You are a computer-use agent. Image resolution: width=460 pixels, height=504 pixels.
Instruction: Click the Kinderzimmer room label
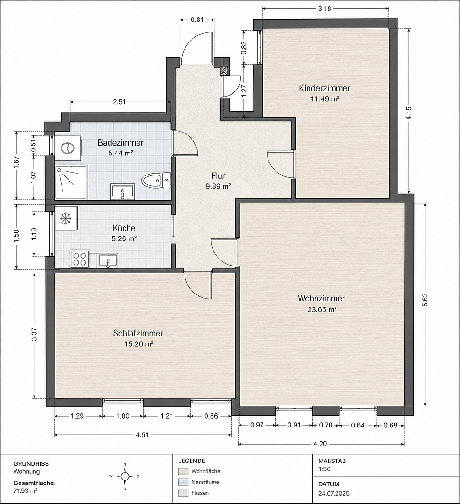(324, 88)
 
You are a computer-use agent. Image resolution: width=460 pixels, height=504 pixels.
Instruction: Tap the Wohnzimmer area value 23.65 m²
(322, 309)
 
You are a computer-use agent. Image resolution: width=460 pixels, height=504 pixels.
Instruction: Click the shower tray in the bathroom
(71, 182)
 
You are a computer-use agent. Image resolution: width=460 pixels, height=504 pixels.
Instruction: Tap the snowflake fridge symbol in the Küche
(66, 218)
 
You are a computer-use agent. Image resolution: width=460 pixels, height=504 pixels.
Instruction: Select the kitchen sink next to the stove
(109, 260)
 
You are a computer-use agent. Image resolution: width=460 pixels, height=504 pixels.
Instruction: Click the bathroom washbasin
(122, 192)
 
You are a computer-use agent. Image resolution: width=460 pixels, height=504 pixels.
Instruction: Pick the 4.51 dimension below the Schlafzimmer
(143, 435)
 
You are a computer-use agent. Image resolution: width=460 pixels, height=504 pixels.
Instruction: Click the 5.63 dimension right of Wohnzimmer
(426, 301)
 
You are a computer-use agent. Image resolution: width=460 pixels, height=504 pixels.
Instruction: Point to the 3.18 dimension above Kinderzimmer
(325, 9)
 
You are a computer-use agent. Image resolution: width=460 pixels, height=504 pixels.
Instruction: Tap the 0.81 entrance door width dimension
(197, 20)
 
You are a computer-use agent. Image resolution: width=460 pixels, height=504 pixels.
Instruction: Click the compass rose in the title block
(125, 476)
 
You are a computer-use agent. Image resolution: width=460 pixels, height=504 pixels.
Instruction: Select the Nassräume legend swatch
(183, 482)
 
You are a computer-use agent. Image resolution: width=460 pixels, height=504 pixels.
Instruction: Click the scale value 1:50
(324, 469)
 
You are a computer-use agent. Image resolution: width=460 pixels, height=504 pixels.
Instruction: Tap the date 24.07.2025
(334, 493)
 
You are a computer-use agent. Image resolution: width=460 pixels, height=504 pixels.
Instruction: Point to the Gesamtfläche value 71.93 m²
(26, 490)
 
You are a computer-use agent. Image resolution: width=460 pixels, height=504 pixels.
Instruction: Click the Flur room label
(218, 176)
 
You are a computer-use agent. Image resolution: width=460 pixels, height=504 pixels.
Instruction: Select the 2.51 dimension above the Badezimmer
(119, 102)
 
